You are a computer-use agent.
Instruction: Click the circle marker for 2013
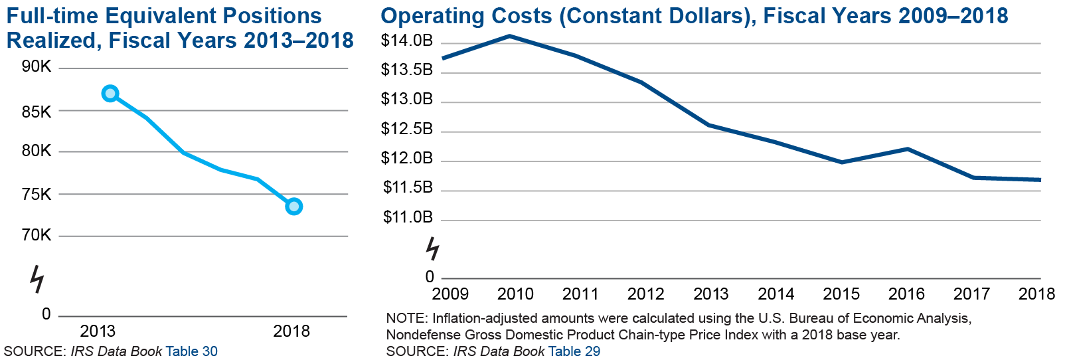pyautogui.click(x=110, y=94)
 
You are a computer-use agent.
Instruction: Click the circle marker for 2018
pyautogui.click(x=293, y=207)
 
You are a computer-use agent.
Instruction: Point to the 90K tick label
pyautogui.click(x=37, y=66)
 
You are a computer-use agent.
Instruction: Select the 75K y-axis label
pyautogui.click(x=37, y=195)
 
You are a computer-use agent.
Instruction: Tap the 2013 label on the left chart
pyautogui.click(x=98, y=331)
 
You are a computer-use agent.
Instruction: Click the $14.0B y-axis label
pyautogui.click(x=406, y=41)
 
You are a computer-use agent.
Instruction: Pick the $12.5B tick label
pyautogui.click(x=406, y=129)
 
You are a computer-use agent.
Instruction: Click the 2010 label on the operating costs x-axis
pyautogui.click(x=515, y=294)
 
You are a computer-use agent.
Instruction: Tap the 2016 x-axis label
pyautogui.click(x=906, y=294)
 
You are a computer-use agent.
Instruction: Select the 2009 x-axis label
pyautogui.click(x=450, y=294)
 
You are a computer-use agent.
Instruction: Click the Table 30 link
pyautogui.click(x=191, y=351)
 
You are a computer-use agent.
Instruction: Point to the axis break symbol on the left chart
pyautogui.click(x=37, y=279)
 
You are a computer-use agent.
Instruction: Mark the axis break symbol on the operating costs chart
pyautogui.click(x=432, y=249)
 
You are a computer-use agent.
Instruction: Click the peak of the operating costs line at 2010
pyautogui.click(x=509, y=36)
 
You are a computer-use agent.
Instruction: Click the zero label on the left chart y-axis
pyautogui.click(x=46, y=314)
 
